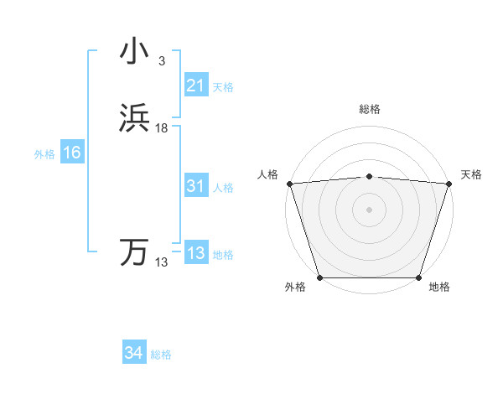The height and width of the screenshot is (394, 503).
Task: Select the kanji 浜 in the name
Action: [134, 118]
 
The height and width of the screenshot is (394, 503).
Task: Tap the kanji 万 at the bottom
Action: [134, 252]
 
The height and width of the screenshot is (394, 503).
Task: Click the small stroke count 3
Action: [161, 60]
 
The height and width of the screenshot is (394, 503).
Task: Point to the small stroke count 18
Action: [162, 128]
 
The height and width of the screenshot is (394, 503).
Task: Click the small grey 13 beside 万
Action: [162, 262]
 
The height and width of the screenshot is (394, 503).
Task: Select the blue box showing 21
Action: [196, 86]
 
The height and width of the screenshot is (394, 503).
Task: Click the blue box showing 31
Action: [196, 186]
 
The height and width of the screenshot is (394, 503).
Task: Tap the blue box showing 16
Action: [72, 153]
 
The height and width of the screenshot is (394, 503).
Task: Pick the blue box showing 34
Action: [134, 353]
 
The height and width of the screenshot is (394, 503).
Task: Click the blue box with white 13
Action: [196, 253]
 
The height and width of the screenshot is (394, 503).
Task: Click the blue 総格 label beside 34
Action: [161, 355]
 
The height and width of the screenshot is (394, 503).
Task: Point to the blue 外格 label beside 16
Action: [44, 154]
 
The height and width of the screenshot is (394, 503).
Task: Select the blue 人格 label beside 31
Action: [224, 188]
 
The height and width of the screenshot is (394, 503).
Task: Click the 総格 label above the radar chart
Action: [369, 109]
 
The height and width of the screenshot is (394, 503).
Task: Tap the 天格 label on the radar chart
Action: [471, 174]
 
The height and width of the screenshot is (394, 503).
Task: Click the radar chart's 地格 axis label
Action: [439, 288]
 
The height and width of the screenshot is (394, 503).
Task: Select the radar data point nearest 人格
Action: [289, 184]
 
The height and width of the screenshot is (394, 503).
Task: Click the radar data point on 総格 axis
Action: [369, 176]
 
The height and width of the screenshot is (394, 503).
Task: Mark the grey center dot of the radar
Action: [369, 209]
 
